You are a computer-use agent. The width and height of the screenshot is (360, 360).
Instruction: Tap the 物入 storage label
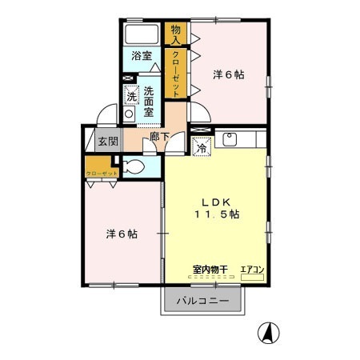(x=176, y=34)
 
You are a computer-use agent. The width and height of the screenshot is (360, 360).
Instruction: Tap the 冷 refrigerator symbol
(x=202, y=147)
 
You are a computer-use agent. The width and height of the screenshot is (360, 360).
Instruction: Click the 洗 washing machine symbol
(x=131, y=95)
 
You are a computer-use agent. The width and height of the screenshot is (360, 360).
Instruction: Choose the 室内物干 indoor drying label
(x=209, y=270)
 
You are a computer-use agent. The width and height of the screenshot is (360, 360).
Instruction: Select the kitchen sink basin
(x=229, y=139)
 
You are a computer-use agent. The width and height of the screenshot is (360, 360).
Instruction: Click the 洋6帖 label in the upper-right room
(x=228, y=74)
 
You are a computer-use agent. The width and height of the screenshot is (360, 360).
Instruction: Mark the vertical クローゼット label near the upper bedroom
(x=176, y=74)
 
